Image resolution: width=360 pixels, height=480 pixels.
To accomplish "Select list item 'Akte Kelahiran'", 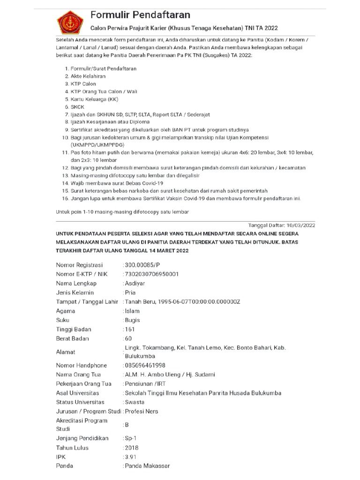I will coord(88,76).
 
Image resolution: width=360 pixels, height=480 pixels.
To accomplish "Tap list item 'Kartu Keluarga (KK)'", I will coord(95,99).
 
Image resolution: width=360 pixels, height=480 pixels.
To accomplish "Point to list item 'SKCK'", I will coord(78,106).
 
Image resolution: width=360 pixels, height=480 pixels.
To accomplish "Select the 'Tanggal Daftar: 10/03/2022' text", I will coord(281,225).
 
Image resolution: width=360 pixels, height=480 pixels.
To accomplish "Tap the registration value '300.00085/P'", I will coord(143,265).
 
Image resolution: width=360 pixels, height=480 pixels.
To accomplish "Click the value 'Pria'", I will coord(130,292).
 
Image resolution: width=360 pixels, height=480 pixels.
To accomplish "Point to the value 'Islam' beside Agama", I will coord(132,311).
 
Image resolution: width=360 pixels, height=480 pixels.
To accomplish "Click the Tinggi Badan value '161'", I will coord(130,329).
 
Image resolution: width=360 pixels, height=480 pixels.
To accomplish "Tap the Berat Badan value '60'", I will coord(128,338).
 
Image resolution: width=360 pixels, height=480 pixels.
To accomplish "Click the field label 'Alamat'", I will coord(66,352).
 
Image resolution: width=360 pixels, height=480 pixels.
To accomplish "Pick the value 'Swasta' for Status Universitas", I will coord(134,402).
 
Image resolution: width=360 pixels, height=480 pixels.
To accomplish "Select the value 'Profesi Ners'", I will coord(142,412).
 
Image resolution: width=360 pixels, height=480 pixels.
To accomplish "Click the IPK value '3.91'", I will coord(131,457).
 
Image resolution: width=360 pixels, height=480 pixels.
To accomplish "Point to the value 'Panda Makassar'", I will coord(147,466).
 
